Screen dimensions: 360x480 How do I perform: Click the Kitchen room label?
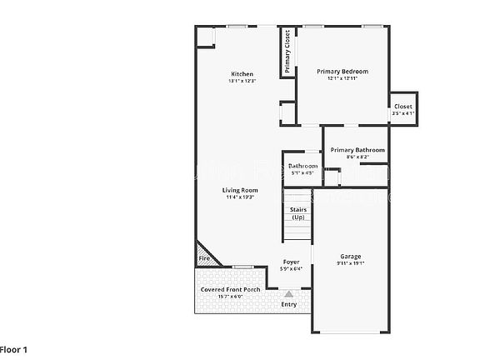coord(242,74)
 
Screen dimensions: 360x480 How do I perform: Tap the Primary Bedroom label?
coord(342,72)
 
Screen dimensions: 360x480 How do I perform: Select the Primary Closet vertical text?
coord(287,52)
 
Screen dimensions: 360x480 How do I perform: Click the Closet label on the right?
coord(403,107)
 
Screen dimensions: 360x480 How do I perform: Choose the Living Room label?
coord(238,191)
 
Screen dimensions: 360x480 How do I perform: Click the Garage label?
coord(350,256)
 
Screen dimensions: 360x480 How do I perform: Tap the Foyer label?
coord(291,262)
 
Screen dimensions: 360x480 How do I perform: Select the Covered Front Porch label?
coord(230,289)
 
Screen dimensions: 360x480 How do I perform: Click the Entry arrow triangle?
coord(289,293)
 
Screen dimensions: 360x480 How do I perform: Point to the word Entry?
coord(289,304)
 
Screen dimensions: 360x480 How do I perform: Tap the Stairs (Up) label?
coord(297,213)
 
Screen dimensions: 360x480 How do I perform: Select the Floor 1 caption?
coord(14,350)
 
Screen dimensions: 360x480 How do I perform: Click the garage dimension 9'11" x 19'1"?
coord(350,263)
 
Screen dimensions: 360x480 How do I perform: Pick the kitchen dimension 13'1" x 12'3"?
coord(242,81)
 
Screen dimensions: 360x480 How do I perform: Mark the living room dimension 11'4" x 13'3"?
coord(238,197)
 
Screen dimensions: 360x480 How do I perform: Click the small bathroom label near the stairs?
coord(302,167)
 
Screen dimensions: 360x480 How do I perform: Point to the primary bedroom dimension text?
coord(342,78)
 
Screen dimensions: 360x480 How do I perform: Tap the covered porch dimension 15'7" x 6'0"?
coord(230,296)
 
